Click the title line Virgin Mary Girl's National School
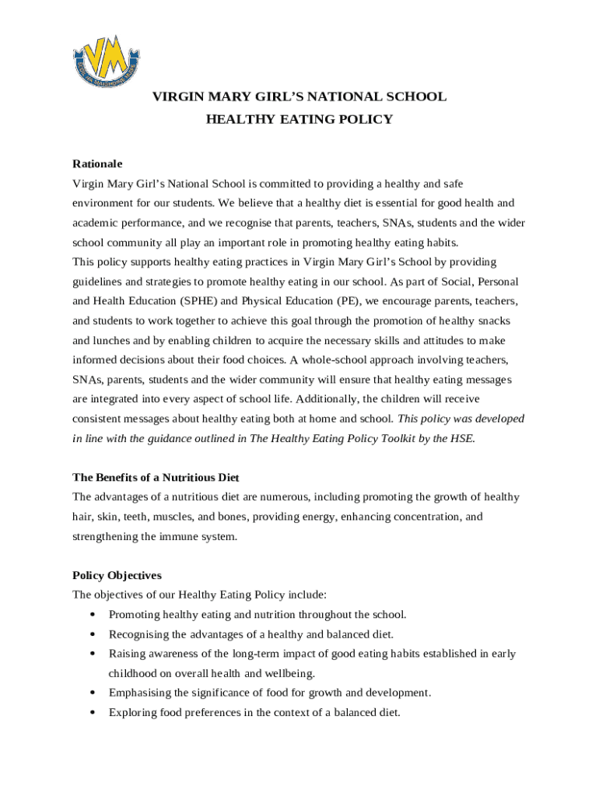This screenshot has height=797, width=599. pyautogui.click(x=299, y=97)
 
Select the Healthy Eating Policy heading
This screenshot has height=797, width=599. pyautogui.click(x=299, y=120)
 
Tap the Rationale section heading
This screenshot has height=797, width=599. pyautogui.click(x=97, y=164)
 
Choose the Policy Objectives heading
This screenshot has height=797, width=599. pyautogui.click(x=117, y=575)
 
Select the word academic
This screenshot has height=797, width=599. pyautogui.click(x=97, y=223)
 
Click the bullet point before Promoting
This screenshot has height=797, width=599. pyautogui.click(x=93, y=615)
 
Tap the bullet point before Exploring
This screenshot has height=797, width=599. pyautogui.click(x=93, y=712)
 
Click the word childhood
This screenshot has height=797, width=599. pyautogui.click(x=134, y=673)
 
